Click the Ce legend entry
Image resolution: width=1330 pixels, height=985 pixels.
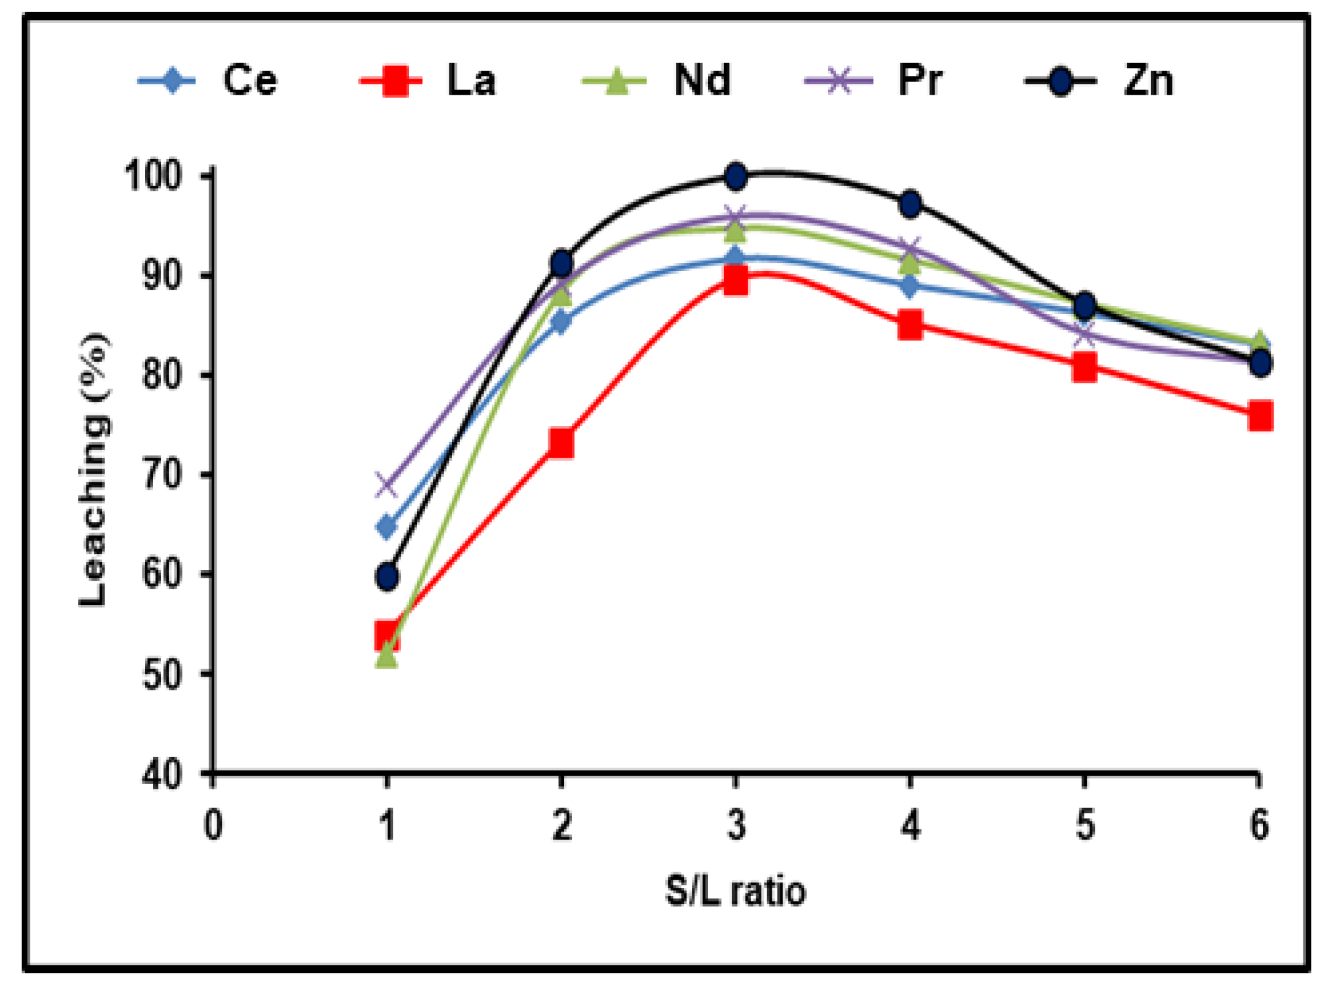point(207,80)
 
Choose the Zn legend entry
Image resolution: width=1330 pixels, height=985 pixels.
point(1099,81)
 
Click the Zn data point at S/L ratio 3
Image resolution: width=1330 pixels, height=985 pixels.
point(735,177)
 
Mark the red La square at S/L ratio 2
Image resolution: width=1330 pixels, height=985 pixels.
point(561,442)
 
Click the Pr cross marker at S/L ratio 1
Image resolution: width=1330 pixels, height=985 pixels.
point(387,485)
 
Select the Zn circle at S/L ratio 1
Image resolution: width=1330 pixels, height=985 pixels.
point(387,577)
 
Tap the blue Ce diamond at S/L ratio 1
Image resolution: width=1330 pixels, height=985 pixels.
point(387,527)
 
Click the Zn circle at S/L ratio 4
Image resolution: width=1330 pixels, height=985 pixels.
point(910,204)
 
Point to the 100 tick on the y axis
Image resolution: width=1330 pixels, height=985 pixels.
point(153,176)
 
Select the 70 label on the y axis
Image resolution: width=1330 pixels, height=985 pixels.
point(162,475)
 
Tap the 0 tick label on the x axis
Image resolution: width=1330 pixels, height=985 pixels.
point(213,825)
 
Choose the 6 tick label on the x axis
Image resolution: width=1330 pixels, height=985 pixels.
point(1259,825)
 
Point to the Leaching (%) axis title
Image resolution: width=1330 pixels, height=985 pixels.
point(94,471)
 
